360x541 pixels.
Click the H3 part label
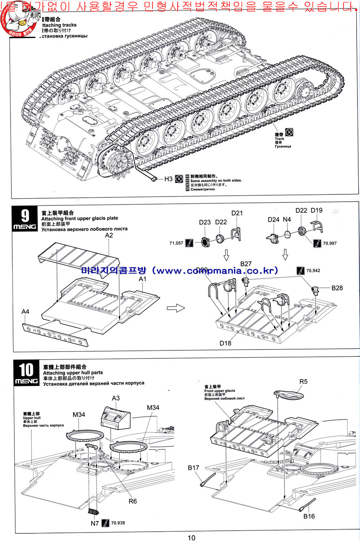point(168,179)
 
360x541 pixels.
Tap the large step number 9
point(25,216)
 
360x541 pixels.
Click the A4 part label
point(26,311)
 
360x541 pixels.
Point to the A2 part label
point(109,235)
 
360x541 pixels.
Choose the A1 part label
point(143,280)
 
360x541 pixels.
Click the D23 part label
point(205,222)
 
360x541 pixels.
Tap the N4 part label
point(287,219)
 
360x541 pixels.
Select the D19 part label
point(316,210)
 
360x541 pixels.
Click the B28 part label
point(337,288)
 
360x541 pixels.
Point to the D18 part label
point(225,343)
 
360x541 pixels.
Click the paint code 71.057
point(176,243)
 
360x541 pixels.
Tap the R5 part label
point(303,382)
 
